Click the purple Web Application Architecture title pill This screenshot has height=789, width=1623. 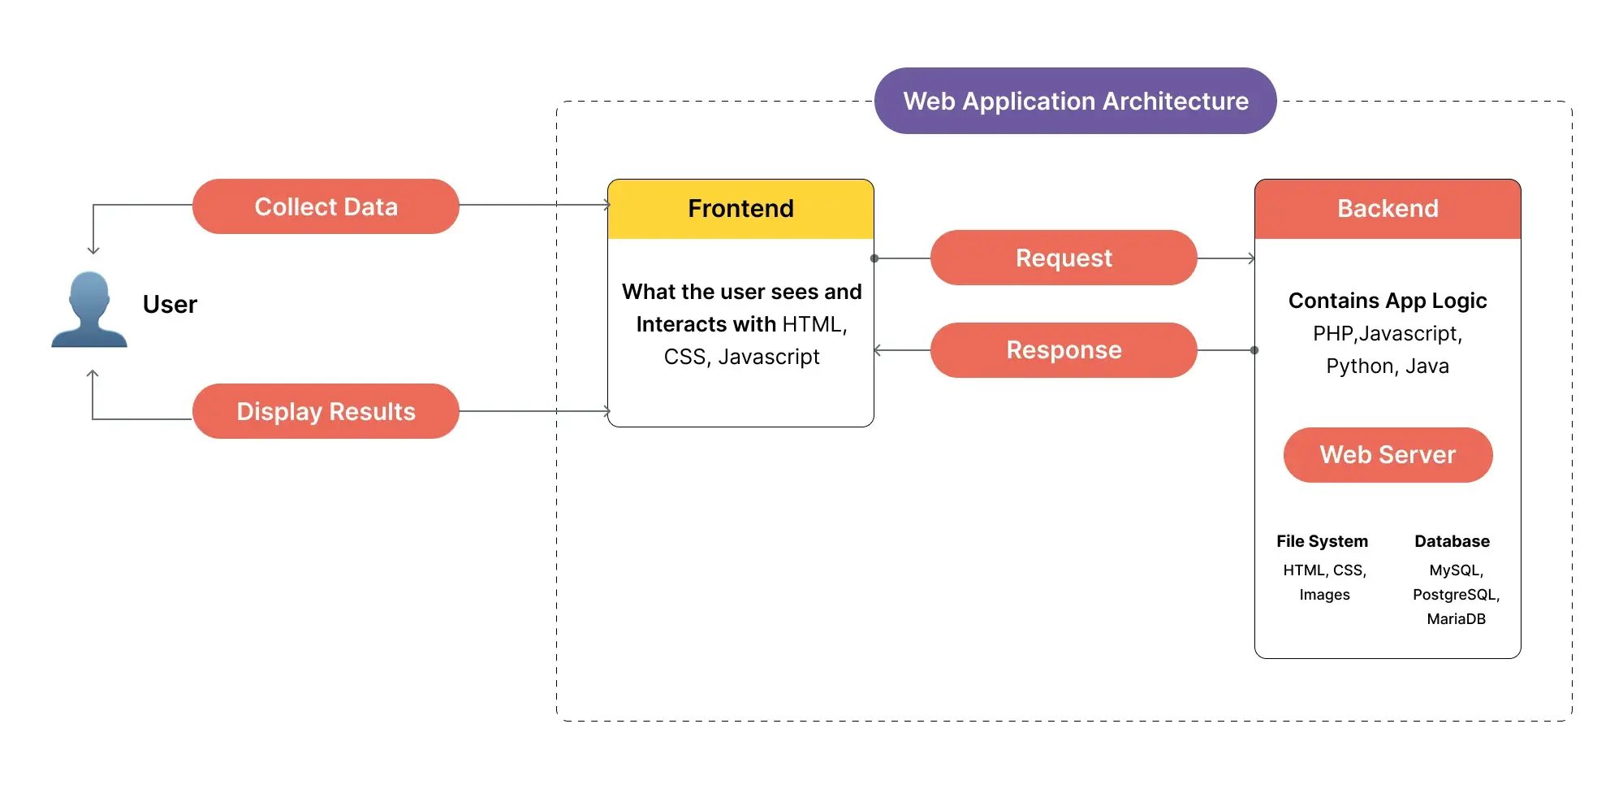[x=1075, y=101]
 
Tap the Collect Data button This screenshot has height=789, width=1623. [x=326, y=206]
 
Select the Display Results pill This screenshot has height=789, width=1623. [x=326, y=411]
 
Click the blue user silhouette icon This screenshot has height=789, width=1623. [x=88, y=310]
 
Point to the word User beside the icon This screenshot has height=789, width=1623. [x=170, y=304]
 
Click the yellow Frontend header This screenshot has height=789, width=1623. [x=740, y=209]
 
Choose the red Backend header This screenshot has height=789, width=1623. [x=1388, y=209]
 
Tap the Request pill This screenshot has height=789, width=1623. [x=1064, y=258]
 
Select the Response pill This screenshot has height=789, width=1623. [x=1064, y=350]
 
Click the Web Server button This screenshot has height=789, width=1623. [x=1388, y=455]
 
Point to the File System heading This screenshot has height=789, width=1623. [x=1322, y=541]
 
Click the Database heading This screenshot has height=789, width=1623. [x=1452, y=541]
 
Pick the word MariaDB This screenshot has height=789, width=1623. [x=1456, y=619]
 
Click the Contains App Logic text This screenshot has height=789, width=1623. [x=1388, y=301]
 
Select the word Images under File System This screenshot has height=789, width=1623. [x=1324, y=595]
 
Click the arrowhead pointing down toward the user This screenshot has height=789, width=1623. [x=93, y=250]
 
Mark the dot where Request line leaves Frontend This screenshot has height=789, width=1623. [x=874, y=258]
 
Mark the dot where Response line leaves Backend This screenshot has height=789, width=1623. [x=1254, y=350]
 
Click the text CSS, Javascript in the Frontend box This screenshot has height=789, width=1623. [x=741, y=357]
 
